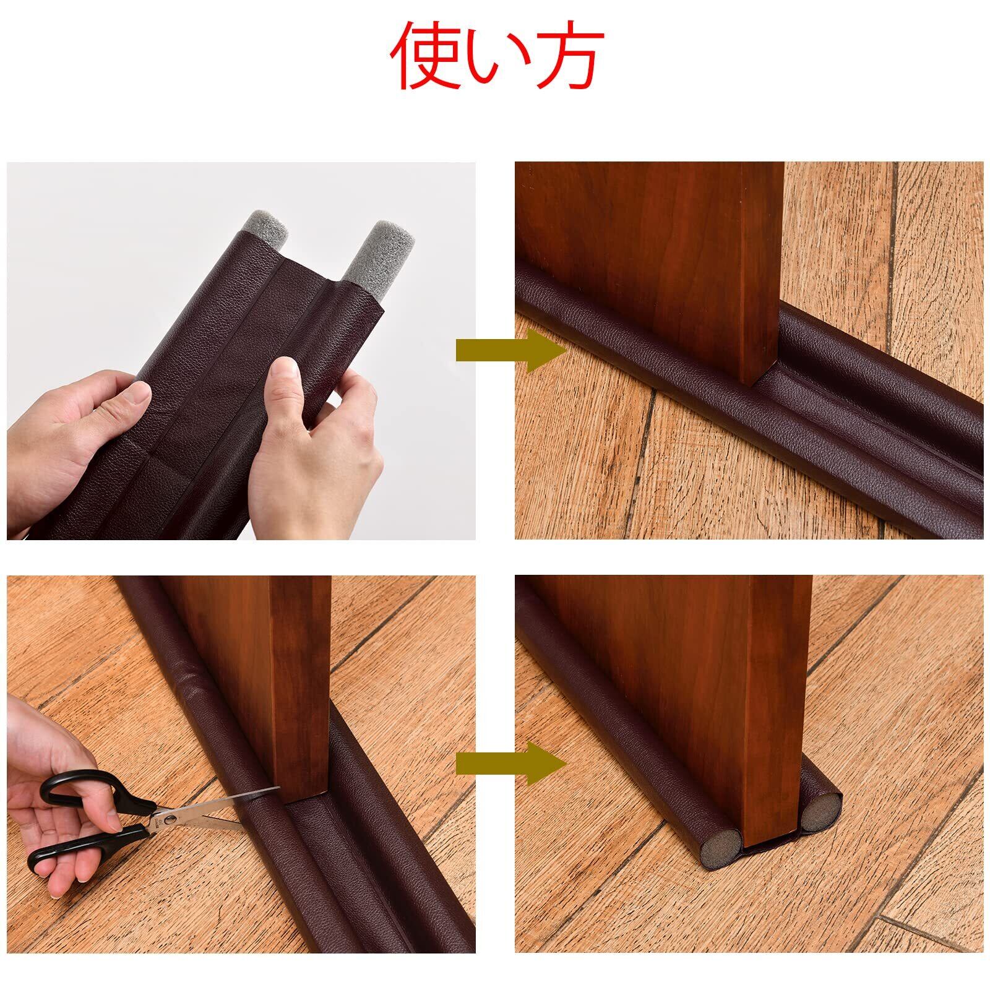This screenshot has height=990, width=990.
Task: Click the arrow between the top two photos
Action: tap(511, 350)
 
